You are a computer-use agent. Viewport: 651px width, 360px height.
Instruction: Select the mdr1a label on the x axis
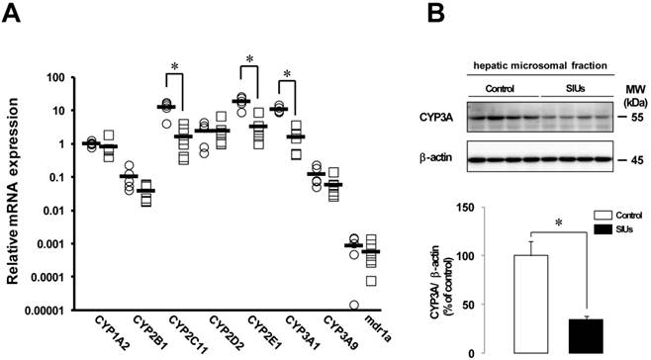(x=377, y=329)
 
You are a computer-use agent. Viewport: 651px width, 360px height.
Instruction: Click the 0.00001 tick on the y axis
(x=46, y=311)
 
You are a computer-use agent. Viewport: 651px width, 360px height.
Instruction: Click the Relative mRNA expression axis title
(x=13, y=191)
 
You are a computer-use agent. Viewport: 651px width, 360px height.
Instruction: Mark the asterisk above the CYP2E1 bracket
(x=249, y=59)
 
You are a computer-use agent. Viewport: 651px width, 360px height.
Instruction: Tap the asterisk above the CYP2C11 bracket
(x=174, y=66)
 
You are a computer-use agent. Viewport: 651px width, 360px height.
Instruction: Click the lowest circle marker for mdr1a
(x=354, y=306)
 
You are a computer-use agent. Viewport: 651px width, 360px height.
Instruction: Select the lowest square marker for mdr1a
(x=371, y=281)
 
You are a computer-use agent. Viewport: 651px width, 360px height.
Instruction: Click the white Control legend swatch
(x=603, y=215)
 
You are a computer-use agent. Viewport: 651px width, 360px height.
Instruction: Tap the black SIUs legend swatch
(x=603, y=228)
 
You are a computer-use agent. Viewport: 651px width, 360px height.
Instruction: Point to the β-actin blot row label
(x=435, y=158)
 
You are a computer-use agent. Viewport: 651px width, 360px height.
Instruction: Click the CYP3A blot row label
(x=436, y=118)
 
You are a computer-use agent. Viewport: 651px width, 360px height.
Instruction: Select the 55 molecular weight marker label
(x=636, y=118)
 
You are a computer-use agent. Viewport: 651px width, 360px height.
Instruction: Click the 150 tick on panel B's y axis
(x=466, y=207)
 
